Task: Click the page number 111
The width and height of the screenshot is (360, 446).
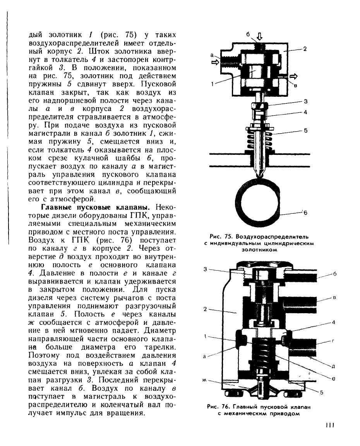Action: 329,425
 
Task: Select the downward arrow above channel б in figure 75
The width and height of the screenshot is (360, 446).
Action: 260,37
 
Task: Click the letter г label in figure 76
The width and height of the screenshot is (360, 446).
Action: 333,341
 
